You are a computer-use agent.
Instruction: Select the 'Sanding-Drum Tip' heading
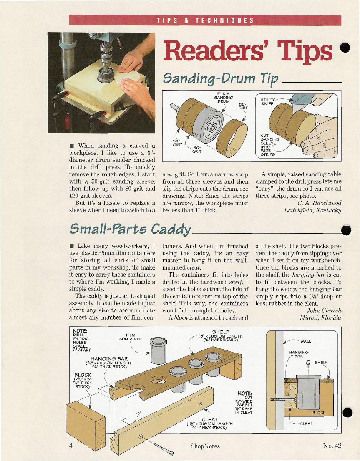(x=220, y=78)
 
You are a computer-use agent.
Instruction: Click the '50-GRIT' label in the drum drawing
(x=242, y=106)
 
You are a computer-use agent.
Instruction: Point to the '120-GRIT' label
(x=177, y=143)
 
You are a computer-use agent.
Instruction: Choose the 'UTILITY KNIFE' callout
(x=267, y=102)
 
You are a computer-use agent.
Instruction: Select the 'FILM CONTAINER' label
(x=131, y=337)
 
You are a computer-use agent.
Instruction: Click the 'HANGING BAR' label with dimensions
(x=109, y=362)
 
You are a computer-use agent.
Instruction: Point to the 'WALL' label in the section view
(x=306, y=341)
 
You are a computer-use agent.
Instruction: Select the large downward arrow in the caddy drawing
(x=131, y=409)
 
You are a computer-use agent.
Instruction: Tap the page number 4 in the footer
(x=71, y=446)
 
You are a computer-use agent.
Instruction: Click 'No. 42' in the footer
(x=332, y=446)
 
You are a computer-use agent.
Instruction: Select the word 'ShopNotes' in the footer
(x=205, y=446)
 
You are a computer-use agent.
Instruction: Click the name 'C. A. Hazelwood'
(x=320, y=203)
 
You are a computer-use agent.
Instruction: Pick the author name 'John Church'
(x=324, y=310)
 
